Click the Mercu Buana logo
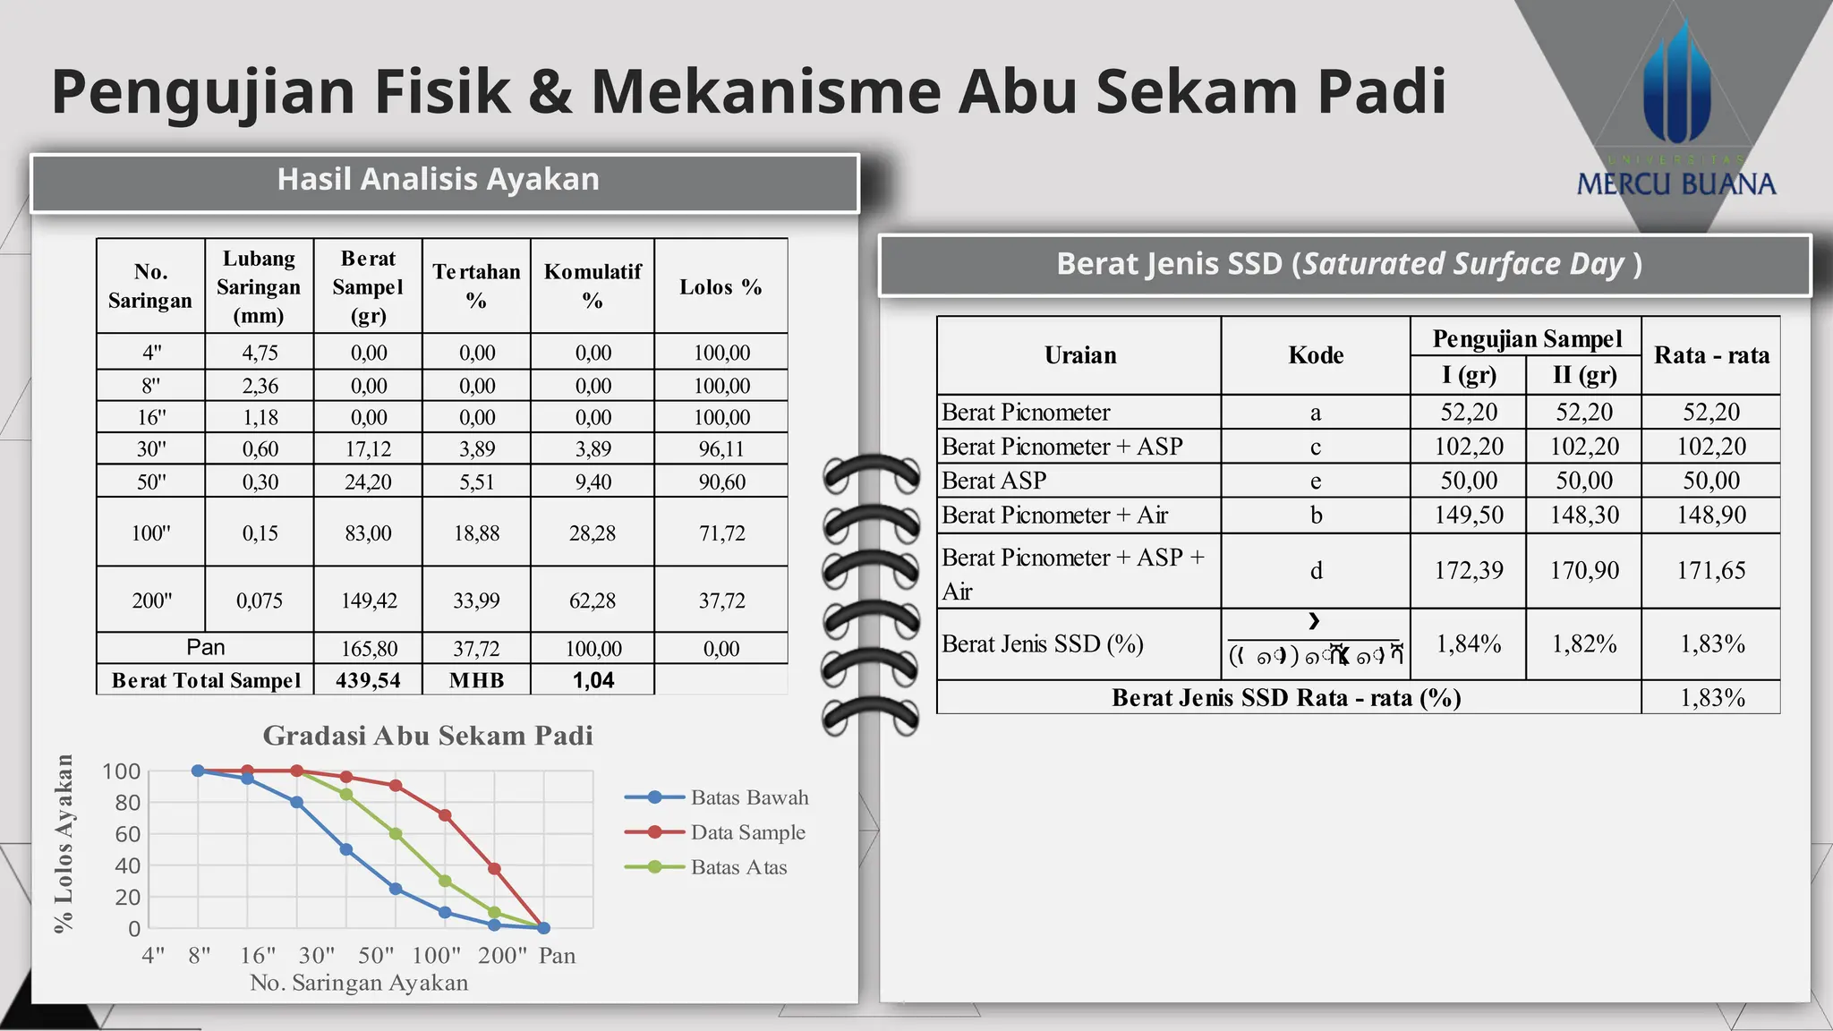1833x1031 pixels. coord(1675,116)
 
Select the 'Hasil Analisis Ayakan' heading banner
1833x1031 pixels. coord(438,180)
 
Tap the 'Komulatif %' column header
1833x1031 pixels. coord(593,285)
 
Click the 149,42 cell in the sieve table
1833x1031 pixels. coord(368,601)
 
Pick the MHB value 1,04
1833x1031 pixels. coord(593,680)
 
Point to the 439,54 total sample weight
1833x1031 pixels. coord(368,680)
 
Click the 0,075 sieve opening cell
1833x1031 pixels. coord(260,601)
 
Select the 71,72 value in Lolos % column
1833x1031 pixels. coord(721,533)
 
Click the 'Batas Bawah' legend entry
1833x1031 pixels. coord(748,797)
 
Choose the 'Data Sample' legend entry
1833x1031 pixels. coord(747,832)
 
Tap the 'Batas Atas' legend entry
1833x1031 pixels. coord(738,867)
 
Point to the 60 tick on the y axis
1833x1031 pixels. coord(127,834)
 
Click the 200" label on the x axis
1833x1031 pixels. coord(502,955)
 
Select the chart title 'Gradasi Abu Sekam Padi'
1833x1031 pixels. coord(428,736)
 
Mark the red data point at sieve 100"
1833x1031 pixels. coord(445,815)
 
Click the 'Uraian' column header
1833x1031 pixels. coord(1080,355)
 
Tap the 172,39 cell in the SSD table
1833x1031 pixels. coord(1468,570)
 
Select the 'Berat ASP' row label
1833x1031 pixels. coord(993,481)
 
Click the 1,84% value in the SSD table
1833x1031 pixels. coord(1468,643)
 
